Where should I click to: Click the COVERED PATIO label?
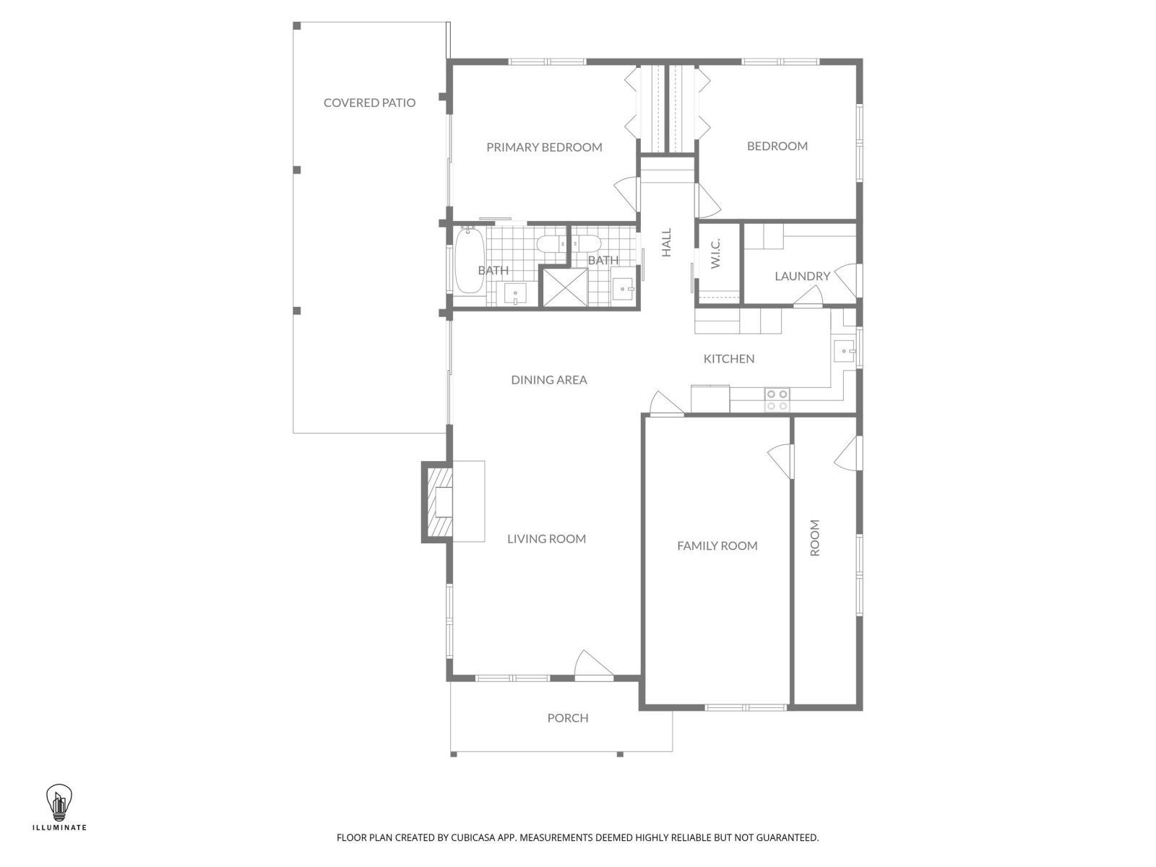[369, 103]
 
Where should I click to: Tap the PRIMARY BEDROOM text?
[544, 147]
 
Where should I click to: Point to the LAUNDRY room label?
[802, 276]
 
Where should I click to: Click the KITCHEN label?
[729, 358]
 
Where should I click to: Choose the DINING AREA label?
[549, 380]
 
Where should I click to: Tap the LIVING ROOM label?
[546, 539]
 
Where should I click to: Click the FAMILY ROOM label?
[717, 546]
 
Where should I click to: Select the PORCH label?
[568, 718]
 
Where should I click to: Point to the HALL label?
[666, 243]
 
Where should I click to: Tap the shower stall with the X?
[566, 288]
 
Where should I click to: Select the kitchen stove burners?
[777, 400]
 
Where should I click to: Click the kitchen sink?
[843, 352]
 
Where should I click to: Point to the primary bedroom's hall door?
[626, 194]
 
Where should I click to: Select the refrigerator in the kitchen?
[710, 398]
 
